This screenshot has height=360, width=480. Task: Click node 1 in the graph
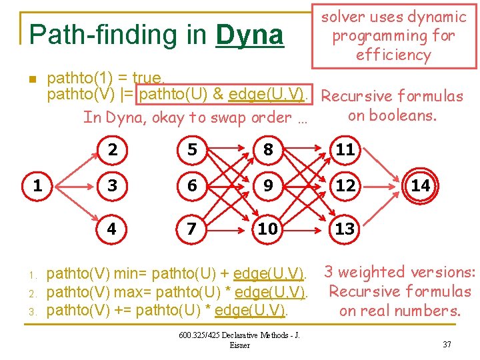click(37, 186)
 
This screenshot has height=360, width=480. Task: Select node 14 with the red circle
click(420, 186)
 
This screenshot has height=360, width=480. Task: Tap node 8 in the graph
click(267, 150)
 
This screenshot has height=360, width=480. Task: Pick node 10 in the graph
click(267, 229)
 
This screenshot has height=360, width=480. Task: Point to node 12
click(345, 186)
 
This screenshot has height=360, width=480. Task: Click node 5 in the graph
click(192, 150)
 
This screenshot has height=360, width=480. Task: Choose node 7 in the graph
click(192, 229)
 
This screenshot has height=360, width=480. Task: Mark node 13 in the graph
click(345, 229)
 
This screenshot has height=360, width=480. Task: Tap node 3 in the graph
click(112, 186)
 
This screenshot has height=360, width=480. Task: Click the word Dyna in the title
click(250, 35)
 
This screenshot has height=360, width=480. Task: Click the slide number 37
click(446, 344)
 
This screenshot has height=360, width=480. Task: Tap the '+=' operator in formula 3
click(123, 311)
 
